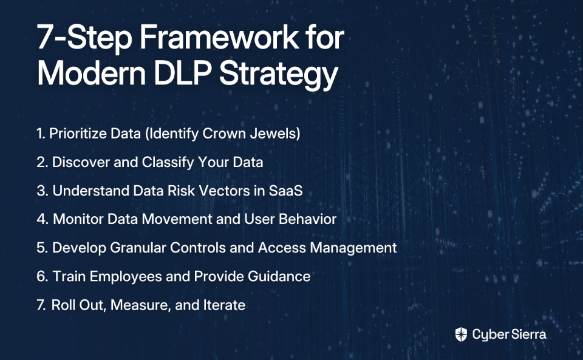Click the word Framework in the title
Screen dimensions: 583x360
[219, 37]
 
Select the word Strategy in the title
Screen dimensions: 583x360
[279, 75]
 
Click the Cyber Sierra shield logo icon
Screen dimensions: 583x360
[461, 335]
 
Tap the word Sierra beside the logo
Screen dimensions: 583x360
[528, 335]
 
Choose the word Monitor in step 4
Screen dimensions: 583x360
[78, 219]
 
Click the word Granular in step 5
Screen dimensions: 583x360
[138, 248]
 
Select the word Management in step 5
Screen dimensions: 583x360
[353, 248]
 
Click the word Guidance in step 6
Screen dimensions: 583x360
[279, 276]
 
